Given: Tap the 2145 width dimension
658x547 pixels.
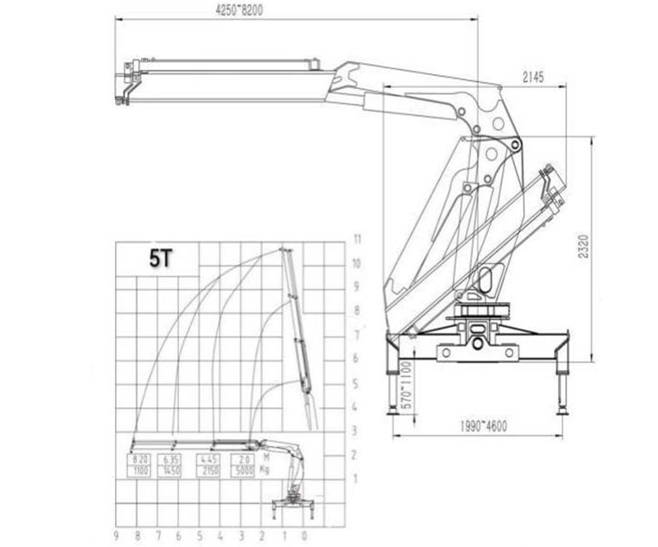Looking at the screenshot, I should pyautogui.click(x=532, y=77).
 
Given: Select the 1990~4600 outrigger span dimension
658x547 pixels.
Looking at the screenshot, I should pyautogui.click(x=482, y=426).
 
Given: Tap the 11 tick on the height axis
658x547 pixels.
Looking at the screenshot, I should pyautogui.click(x=358, y=239).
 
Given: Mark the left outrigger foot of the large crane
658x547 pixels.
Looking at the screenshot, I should pyautogui.click(x=393, y=411).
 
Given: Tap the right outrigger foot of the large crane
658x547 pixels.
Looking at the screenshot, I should pyautogui.click(x=561, y=411).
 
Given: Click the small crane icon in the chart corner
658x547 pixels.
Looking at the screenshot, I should pyautogui.click(x=292, y=504).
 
